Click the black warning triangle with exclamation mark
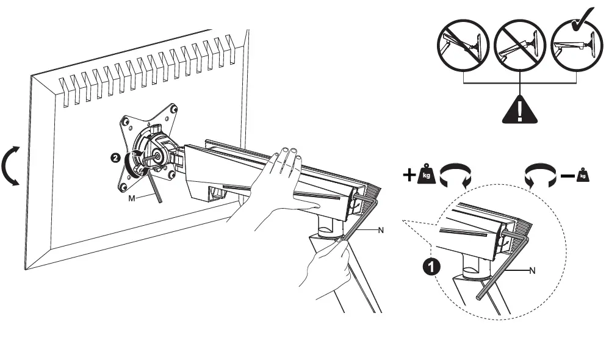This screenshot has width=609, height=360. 518,109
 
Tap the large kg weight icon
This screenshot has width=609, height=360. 427,176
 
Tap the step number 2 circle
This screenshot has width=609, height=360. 114,157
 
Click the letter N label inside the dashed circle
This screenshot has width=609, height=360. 532,270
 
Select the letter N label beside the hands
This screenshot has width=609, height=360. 381,231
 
